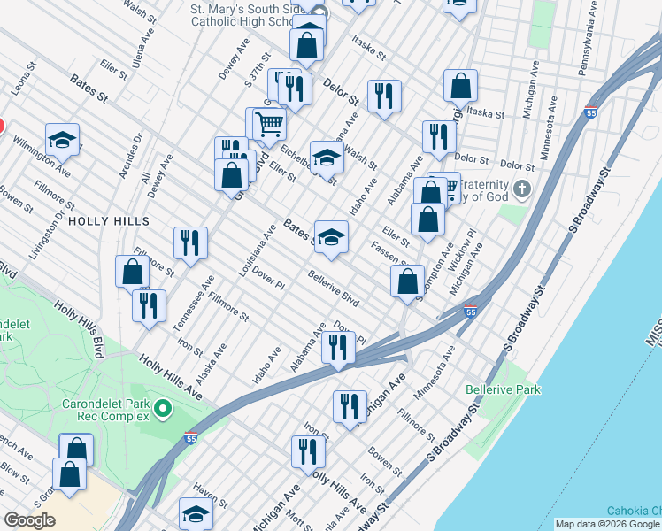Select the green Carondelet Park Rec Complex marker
tap(162, 409)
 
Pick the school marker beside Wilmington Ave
tap(63, 139)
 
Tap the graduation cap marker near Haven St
tap(196, 513)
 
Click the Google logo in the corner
tap(29, 520)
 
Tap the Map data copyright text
tap(607, 524)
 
